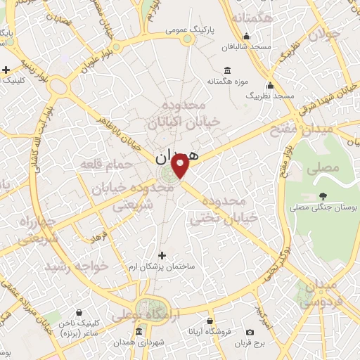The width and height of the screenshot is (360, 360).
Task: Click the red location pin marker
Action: click(181, 167)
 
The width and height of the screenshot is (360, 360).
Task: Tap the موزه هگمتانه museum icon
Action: click(227, 70)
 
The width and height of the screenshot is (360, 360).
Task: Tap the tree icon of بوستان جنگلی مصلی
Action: click(323, 197)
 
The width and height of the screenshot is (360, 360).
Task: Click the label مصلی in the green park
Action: click(328, 167)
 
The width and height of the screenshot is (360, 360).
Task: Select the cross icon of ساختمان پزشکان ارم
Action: click(163, 255)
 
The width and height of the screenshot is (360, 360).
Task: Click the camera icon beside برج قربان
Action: click(250, 332)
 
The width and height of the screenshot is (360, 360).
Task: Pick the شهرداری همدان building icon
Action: click(139, 332)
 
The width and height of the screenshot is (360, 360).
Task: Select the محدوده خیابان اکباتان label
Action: click(184, 113)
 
